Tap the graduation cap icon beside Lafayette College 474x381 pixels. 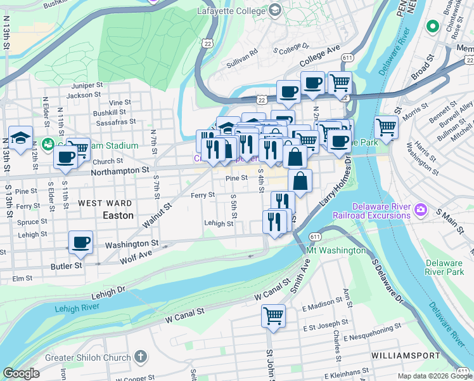tap(274, 10)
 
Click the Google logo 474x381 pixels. tap(22, 373)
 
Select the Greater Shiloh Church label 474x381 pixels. tap(86, 357)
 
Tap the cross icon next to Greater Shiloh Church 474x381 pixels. tap(140, 357)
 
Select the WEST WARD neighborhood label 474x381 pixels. tap(105, 203)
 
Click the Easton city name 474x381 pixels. tap(118, 215)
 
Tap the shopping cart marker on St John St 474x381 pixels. tap(273, 314)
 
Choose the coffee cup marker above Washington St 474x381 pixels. tap(81, 241)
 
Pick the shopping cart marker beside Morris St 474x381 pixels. tap(386, 127)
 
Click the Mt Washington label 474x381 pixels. tap(336, 250)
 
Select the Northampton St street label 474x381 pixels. tap(119, 170)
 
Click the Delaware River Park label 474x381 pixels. tap(444, 267)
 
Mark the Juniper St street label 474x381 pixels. tap(87, 85)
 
